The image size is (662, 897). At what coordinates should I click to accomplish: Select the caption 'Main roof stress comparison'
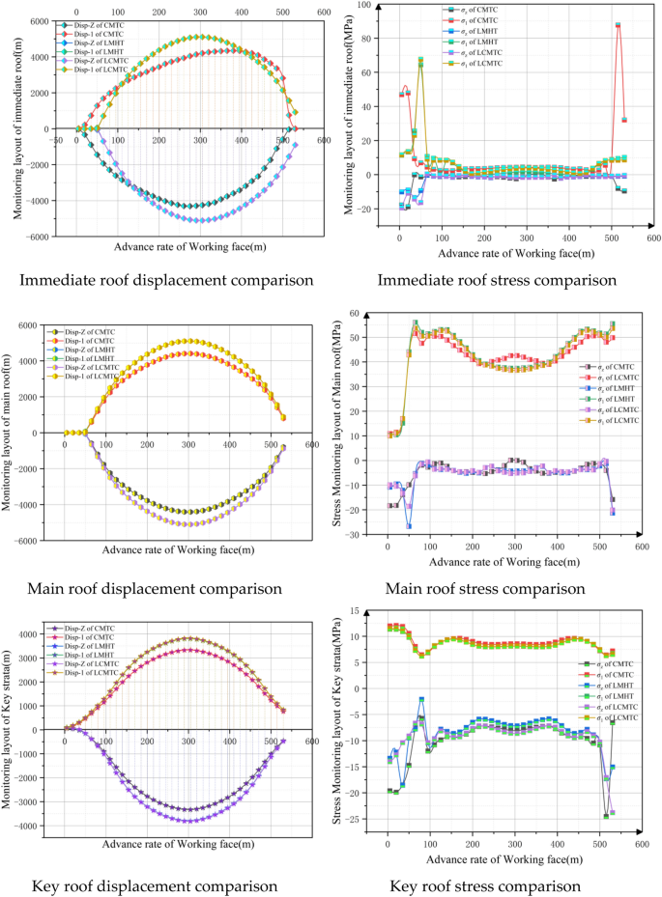click(x=484, y=588)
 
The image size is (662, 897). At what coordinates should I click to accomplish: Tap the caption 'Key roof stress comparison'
click(x=484, y=885)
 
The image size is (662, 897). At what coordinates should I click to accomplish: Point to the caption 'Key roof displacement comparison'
click(x=155, y=885)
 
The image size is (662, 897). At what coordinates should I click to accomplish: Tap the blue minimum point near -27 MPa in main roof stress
click(x=410, y=526)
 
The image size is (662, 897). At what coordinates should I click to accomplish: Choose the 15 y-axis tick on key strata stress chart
click(x=369, y=610)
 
